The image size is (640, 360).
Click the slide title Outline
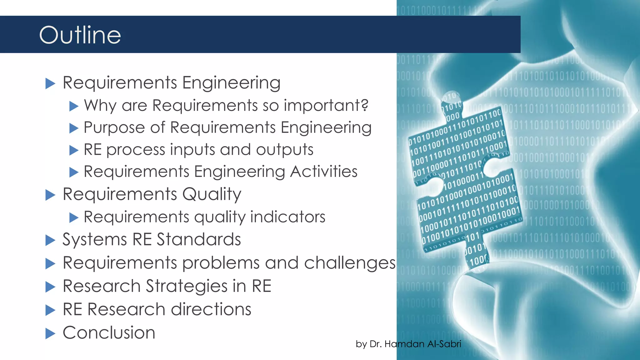(x=80, y=35)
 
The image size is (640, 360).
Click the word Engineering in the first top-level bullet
(x=231, y=83)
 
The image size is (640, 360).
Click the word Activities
(x=323, y=172)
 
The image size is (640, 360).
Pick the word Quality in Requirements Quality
(x=212, y=194)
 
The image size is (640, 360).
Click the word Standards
(x=199, y=240)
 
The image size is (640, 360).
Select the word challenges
(x=350, y=263)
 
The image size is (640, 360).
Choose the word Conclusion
(x=109, y=332)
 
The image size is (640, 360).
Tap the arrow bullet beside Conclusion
(x=50, y=333)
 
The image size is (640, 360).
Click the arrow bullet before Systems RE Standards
(x=50, y=240)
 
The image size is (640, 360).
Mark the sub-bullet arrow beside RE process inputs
(x=74, y=150)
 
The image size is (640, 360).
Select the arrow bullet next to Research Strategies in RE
(x=50, y=287)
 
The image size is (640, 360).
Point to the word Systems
(x=95, y=240)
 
